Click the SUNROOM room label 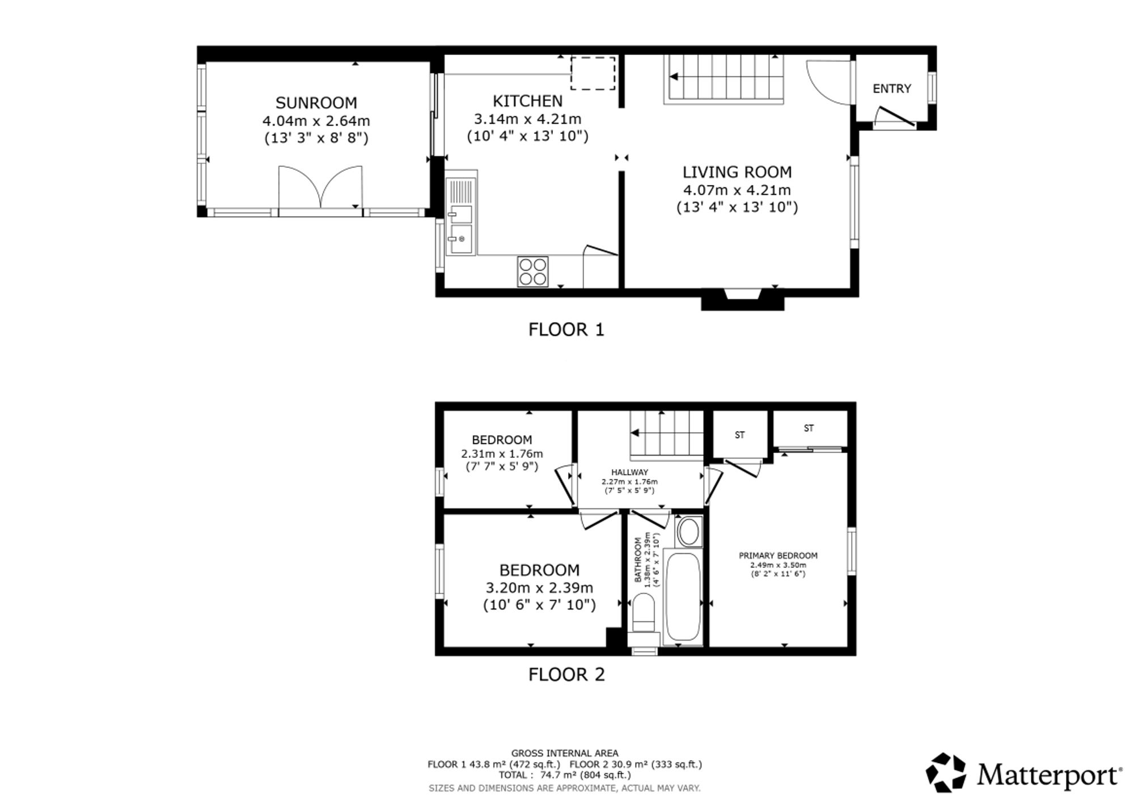[316, 103]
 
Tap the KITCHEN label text [527, 101]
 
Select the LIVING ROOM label [737, 172]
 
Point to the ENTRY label [892, 89]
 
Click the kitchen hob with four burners [533, 271]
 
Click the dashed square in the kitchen [593, 73]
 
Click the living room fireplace [743, 299]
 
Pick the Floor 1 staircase [723, 79]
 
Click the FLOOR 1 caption [566, 330]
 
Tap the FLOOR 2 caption [566, 675]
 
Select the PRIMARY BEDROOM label [778, 555]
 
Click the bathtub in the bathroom [683, 597]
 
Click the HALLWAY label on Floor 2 [629, 472]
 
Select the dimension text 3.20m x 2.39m [539, 588]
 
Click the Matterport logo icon [946, 772]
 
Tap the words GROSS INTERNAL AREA [565, 753]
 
